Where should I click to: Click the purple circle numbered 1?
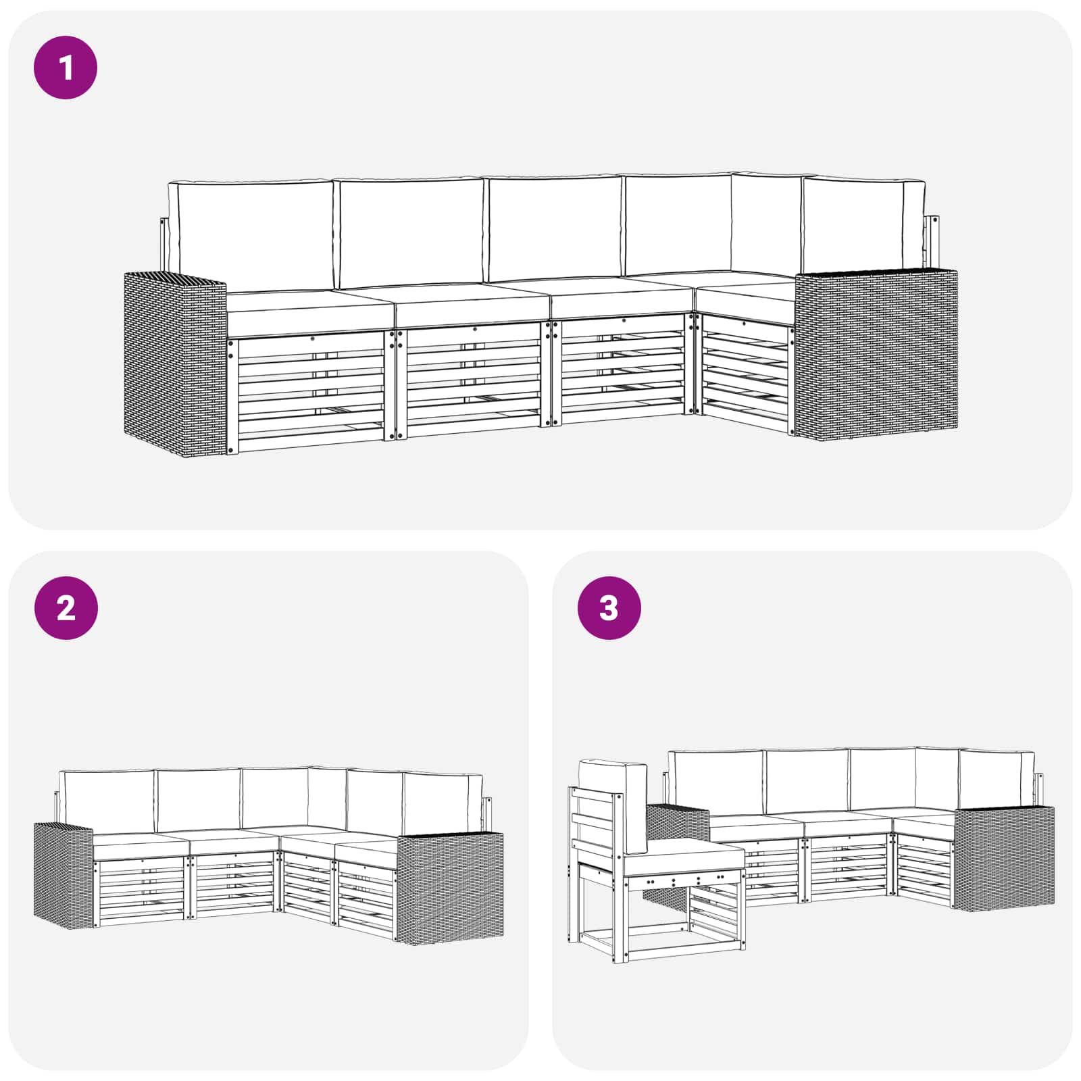(x=66, y=68)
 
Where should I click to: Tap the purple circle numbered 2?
(x=66, y=608)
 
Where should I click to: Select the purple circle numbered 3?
(x=609, y=608)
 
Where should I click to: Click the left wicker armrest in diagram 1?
(x=174, y=363)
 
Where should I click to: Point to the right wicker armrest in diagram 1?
(x=876, y=354)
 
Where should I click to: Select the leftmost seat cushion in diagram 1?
(x=309, y=313)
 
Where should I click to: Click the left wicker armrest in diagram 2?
(x=64, y=875)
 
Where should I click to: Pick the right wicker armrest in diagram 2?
(x=450, y=886)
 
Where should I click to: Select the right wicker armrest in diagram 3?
(x=1004, y=858)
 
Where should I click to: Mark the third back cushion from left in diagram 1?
(x=555, y=228)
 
